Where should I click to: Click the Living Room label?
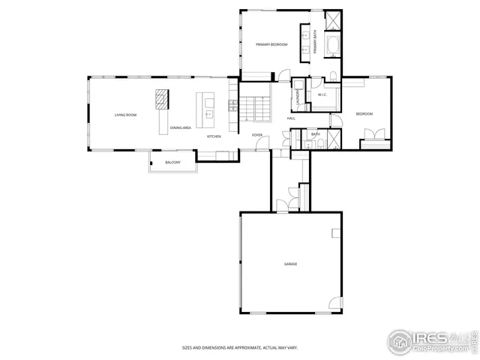point(125,115)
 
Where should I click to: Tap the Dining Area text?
point(181,128)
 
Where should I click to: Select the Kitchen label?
point(214,136)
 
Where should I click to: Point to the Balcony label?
point(172,163)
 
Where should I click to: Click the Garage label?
point(290,264)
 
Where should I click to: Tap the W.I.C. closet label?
point(322,95)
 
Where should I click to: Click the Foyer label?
point(257,135)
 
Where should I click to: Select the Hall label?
point(291,118)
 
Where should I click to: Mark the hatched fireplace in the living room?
point(162,99)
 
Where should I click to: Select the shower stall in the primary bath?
point(333,19)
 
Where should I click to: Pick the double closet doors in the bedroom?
point(373,136)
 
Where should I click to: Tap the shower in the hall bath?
point(334,139)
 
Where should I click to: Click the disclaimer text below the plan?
point(240,347)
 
